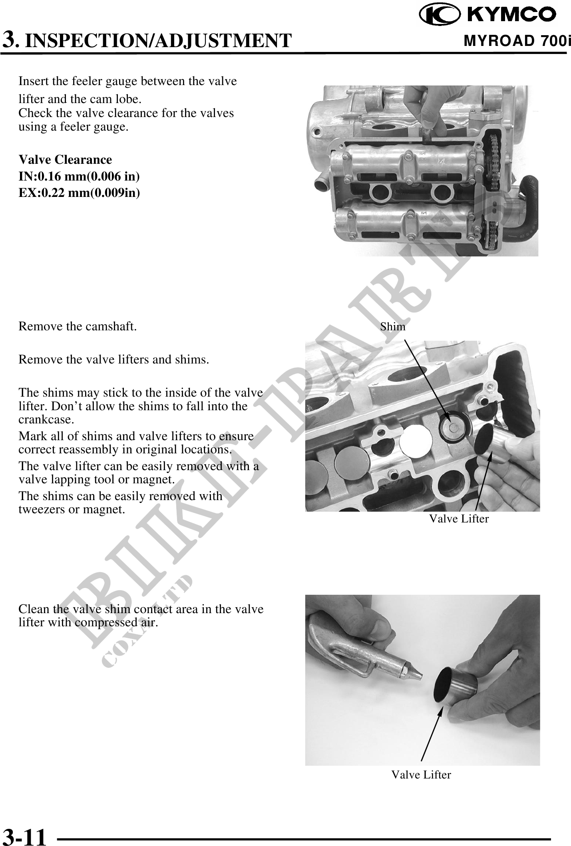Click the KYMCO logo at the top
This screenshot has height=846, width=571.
click(488, 14)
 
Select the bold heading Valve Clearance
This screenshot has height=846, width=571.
click(65, 160)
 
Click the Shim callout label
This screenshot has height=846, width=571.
click(393, 327)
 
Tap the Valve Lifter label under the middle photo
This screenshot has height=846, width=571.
click(459, 519)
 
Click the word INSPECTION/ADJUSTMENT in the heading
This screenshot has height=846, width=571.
click(158, 41)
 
